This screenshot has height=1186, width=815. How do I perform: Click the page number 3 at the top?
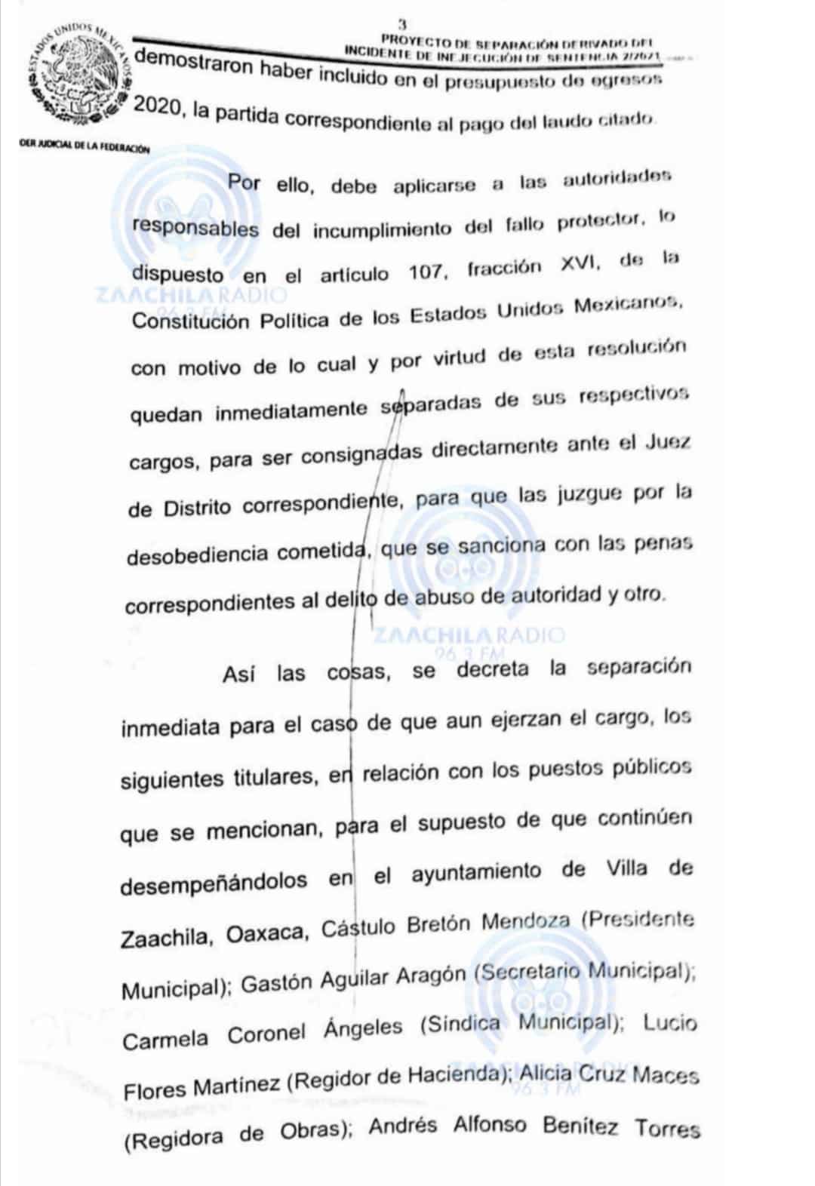[401, 25]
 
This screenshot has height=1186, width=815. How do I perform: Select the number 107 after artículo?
[426, 272]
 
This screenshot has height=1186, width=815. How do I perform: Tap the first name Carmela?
[165, 1040]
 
